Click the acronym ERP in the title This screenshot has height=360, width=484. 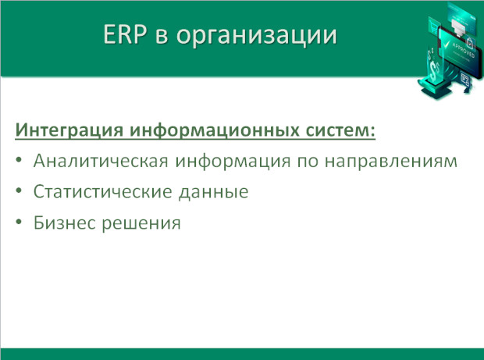click(x=125, y=34)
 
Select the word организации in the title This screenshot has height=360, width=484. click(x=257, y=36)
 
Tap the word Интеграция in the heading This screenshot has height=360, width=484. click(x=69, y=130)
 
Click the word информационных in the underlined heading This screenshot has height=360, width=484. click(x=214, y=130)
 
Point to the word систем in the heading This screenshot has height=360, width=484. click(x=336, y=130)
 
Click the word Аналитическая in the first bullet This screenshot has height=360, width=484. click(x=101, y=161)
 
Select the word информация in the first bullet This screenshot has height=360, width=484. click(x=233, y=161)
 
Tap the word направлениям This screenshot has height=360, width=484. click(x=391, y=161)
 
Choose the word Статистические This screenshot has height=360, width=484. click(x=102, y=191)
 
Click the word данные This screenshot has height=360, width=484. click(x=214, y=192)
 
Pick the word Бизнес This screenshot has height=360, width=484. click(x=65, y=223)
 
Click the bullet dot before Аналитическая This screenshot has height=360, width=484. click(x=19, y=159)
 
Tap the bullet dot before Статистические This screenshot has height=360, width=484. click(x=19, y=191)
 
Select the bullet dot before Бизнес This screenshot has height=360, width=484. click(x=19, y=221)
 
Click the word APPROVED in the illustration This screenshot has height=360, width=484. click(x=463, y=50)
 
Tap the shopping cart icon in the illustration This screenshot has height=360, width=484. click(x=435, y=29)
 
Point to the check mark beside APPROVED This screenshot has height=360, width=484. click(x=446, y=45)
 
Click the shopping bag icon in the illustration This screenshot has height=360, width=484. click(x=469, y=43)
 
